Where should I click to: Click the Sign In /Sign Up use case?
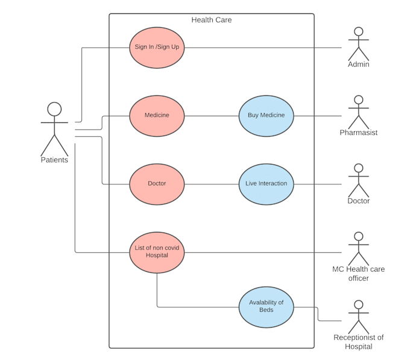click(x=157, y=47)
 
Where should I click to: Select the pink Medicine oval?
click(x=157, y=116)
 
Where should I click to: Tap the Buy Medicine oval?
click(x=266, y=116)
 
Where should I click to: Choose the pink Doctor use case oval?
click(x=157, y=184)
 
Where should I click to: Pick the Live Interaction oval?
click(x=266, y=184)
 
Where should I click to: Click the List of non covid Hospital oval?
click(x=157, y=252)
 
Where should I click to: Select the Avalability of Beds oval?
click(x=266, y=307)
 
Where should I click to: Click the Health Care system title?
click(x=211, y=20)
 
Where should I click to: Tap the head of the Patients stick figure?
click(x=54, y=109)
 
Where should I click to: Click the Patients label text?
click(x=54, y=160)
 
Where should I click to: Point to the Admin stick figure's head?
click(x=359, y=32)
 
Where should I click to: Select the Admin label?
click(x=359, y=64)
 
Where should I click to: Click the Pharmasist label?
click(x=359, y=133)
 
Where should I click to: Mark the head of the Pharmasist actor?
click(x=359, y=100)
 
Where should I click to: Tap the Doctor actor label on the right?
click(x=359, y=201)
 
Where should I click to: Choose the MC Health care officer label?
click(x=359, y=273)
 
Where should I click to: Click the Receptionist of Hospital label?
click(x=359, y=342)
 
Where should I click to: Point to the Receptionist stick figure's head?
click(x=359, y=305)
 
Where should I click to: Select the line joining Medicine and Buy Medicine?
click(x=211, y=116)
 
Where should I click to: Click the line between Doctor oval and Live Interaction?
click(x=211, y=184)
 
